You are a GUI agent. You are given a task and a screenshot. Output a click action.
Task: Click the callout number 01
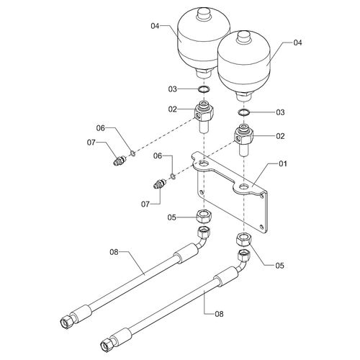pyautogui.click(x=283, y=164)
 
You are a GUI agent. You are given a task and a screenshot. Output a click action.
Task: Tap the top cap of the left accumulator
pyautogui.click(x=204, y=14)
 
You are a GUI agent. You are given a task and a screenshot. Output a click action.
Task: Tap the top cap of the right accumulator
pyautogui.click(x=244, y=37)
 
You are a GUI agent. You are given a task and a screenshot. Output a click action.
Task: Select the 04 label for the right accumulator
pyautogui.click(x=297, y=42)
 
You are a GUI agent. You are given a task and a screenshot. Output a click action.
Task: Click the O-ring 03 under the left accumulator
pyautogui.click(x=204, y=89)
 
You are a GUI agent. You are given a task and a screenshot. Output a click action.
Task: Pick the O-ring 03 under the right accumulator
pyautogui.click(x=244, y=112)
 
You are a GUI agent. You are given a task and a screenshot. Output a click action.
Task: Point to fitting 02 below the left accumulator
pyautogui.click(x=204, y=115)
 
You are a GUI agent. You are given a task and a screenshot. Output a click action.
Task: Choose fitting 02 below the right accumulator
pyautogui.click(x=244, y=139)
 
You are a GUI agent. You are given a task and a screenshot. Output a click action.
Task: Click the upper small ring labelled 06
pyautogui.click(x=132, y=153)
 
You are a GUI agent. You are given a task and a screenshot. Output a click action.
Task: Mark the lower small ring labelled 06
pyautogui.click(x=173, y=176)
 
